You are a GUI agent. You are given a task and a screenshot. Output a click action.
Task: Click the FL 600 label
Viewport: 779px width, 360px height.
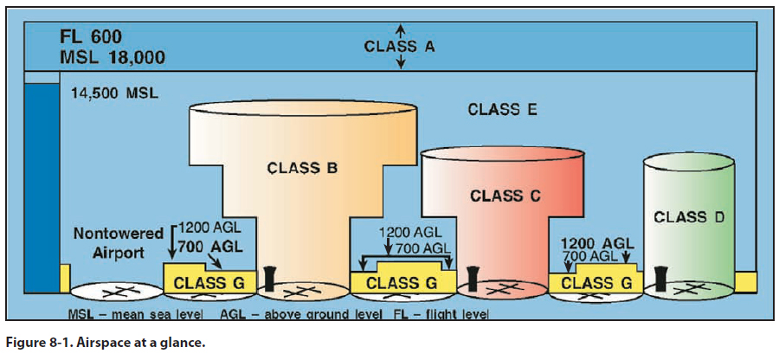(91, 37)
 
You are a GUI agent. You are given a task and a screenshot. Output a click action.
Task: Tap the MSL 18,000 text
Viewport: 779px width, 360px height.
(112, 58)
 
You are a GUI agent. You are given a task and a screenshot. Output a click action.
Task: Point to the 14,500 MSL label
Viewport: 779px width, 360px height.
(115, 93)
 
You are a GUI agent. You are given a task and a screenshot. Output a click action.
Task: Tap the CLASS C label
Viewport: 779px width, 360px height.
(505, 196)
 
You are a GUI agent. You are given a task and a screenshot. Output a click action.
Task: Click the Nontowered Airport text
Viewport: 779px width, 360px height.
(109, 242)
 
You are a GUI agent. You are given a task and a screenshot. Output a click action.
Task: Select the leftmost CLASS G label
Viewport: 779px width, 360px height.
(209, 282)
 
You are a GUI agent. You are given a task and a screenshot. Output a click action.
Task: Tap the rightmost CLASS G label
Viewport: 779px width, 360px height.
(594, 282)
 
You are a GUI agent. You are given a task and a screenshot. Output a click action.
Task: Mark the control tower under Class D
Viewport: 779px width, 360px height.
(662, 278)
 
